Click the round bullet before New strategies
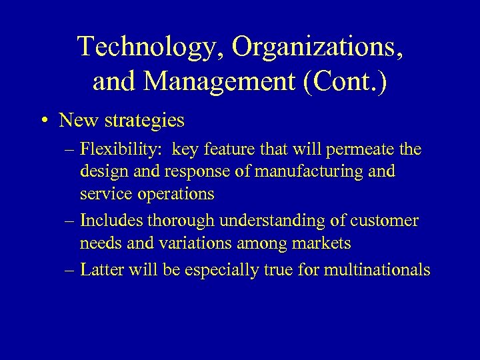(43, 121)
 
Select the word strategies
(143, 121)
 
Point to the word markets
(320, 243)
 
